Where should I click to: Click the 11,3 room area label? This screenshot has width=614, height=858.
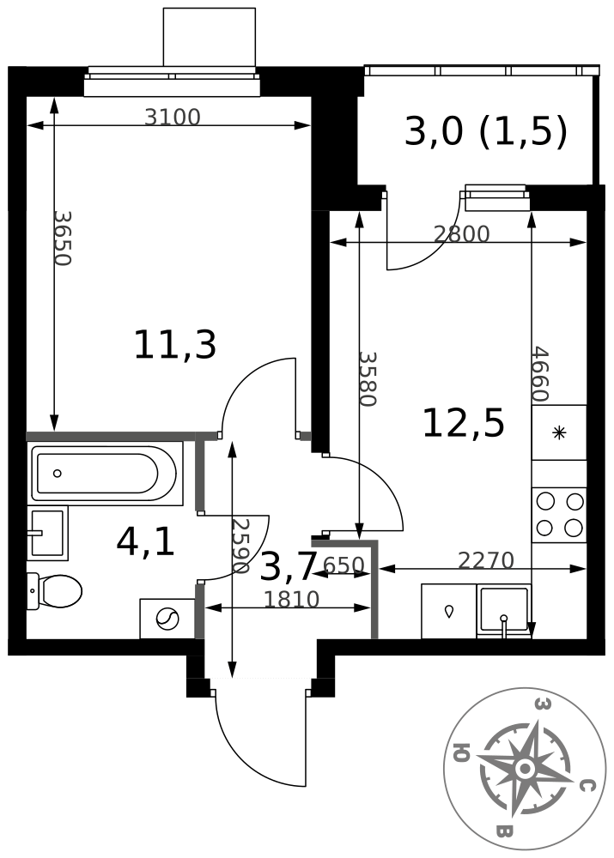point(175,345)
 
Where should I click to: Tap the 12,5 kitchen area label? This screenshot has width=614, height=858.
point(464,424)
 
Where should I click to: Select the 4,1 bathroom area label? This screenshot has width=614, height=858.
point(146,542)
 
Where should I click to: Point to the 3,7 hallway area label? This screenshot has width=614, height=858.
point(289,567)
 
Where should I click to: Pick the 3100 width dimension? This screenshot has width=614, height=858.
point(173,117)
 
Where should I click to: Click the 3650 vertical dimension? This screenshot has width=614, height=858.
point(63,239)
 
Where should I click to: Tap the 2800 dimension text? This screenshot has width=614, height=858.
point(461,234)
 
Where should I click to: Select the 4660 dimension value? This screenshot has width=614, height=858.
point(540,374)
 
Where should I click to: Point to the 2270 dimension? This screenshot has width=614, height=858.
point(485,560)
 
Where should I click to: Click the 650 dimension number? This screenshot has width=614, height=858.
point(343,565)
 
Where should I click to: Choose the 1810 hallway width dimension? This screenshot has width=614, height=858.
point(291,600)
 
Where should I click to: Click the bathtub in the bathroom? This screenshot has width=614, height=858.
point(104,474)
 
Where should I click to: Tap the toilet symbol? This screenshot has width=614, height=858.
point(54,590)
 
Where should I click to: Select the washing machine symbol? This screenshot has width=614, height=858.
point(167,619)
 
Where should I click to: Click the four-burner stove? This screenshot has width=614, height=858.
point(559,515)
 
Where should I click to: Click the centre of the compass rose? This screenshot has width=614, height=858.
point(524,768)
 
